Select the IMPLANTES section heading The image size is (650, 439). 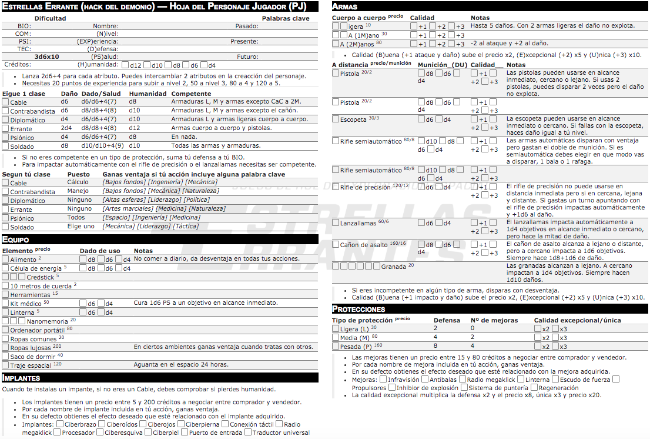coord(21,378)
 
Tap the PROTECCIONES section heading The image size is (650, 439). coord(358,309)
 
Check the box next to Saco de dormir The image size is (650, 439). coord(5,357)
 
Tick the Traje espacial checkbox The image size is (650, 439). coord(5,365)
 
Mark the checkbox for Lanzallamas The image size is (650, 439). coord(336,223)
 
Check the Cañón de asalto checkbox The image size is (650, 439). coord(336,245)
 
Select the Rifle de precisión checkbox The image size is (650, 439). coord(336,188)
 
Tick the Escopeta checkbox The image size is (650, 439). coord(336,120)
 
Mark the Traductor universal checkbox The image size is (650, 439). coord(247,433)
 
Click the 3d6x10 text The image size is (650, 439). coord(47,56)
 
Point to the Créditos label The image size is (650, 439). coord(18,64)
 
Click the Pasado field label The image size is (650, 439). coord(247,26)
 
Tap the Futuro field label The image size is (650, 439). coord(248,56)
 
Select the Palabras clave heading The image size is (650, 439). coord(286,18)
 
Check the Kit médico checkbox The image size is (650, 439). coord(5,304)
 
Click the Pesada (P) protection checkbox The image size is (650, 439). coord(336,346)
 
